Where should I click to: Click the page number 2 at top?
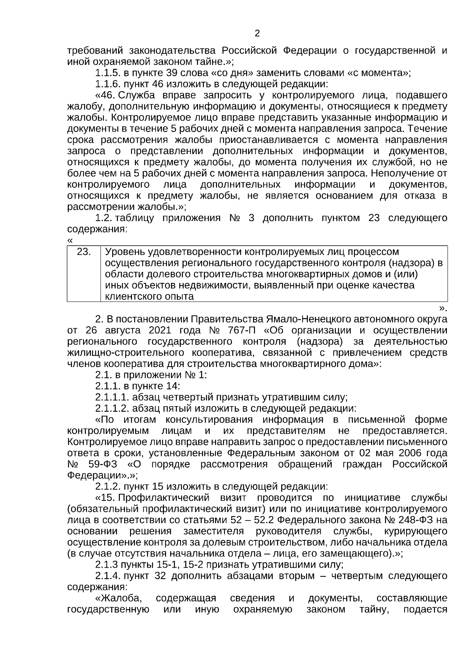click(x=257, y=34)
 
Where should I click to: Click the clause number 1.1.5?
click(x=107, y=73)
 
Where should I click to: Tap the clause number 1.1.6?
click(x=107, y=84)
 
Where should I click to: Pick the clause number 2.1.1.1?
click(x=112, y=398)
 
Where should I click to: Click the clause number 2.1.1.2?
click(x=112, y=409)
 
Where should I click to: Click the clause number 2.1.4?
click(x=107, y=576)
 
